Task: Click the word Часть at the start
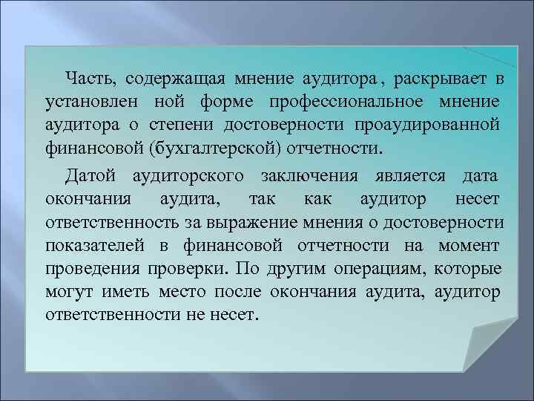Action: tap(90, 79)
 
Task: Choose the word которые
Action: tap(468, 268)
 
